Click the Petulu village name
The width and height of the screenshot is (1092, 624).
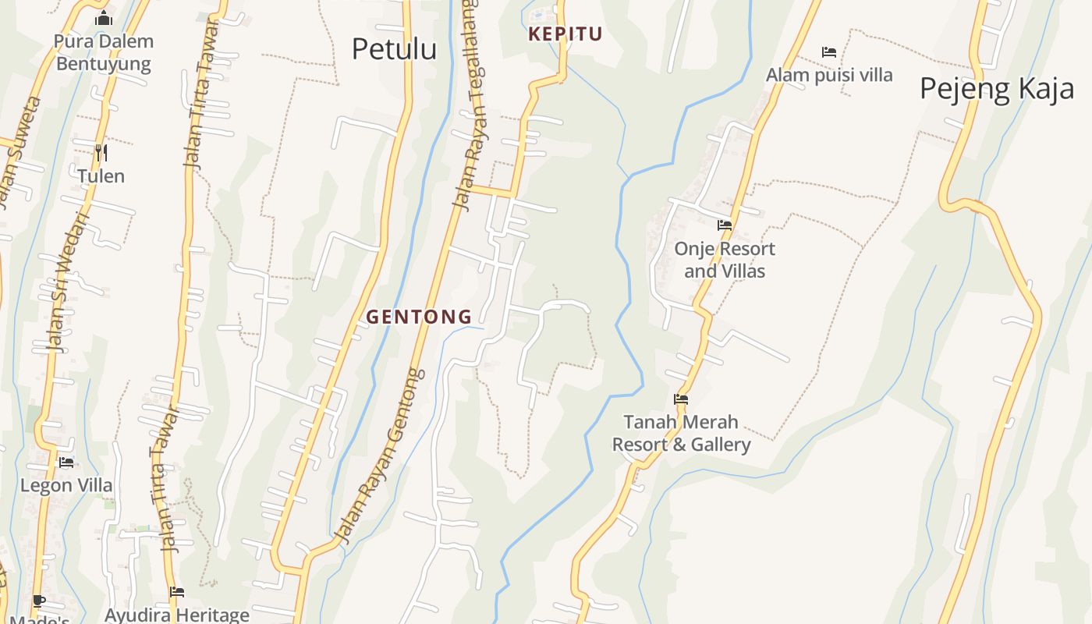coord(394,49)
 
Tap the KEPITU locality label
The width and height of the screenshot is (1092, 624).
coord(565,34)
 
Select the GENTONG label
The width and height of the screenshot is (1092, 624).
coord(419,317)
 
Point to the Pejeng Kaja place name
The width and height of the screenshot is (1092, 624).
coord(997,89)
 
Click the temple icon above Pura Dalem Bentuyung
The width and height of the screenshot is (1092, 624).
coord(104,19)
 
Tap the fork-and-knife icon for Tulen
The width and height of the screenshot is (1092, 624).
coord(101,152)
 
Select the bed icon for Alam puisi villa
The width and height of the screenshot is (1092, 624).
coord(829,52)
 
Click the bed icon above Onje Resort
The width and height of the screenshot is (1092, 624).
coord(725,225)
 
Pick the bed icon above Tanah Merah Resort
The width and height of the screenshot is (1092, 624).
coord(681,399)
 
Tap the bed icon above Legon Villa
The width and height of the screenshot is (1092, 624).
coord(66,463)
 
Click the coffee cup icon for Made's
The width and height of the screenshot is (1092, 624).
coord(38,601)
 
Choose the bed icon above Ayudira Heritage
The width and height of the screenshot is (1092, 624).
coord(177,593)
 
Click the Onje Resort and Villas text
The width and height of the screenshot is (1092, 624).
coord(725,260)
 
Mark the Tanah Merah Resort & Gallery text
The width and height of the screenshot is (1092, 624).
coord(681,434)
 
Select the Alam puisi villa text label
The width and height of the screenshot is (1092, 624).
coord(829,76)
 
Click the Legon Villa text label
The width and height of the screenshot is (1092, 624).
coord(66,486)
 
